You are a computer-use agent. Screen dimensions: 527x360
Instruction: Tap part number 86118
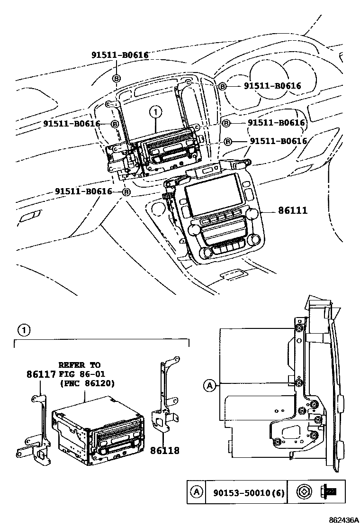[x=165, y=450]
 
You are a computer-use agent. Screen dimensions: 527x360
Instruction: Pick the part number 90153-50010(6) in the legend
[x=245, y=493]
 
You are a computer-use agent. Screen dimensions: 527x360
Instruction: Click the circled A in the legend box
[x=195, y=493]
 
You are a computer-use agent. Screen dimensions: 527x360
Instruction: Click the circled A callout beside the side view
[x=209, y=386]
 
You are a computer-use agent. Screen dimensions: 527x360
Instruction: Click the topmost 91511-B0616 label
[x=120, y=55]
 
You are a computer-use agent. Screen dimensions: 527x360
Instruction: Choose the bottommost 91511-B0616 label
[x=83, y=191]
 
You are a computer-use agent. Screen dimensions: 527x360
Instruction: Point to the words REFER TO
[x=79, y=365]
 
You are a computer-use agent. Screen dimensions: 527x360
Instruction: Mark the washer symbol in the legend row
[x=303, y=493]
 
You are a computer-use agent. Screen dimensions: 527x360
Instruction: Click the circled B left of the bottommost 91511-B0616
[x=126, y=192]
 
